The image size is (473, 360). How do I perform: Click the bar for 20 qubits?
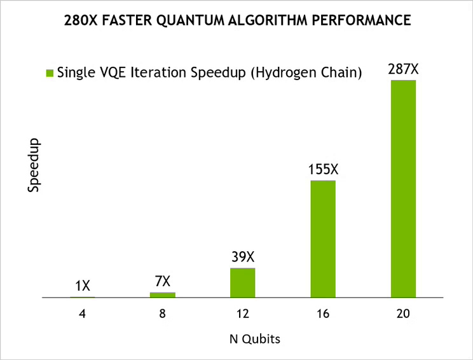click(403, 189)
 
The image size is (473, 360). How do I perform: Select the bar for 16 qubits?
click(323, 239)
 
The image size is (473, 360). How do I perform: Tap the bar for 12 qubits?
click(242, 282)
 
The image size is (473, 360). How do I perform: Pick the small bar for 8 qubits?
click(162, 294)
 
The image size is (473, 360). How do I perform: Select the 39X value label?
click(242, 258)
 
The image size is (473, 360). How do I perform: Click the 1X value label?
click(82, 287)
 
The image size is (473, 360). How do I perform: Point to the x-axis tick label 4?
click(82, 314)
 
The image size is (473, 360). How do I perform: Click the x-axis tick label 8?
click(162, 314)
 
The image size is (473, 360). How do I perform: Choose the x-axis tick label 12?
click(242, 314)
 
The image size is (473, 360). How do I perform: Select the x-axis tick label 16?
click(323, 314)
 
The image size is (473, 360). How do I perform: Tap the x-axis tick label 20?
click(403, 314)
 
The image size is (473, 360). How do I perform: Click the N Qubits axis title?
click(254, 339)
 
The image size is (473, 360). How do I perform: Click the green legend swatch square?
click(49, 73)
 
